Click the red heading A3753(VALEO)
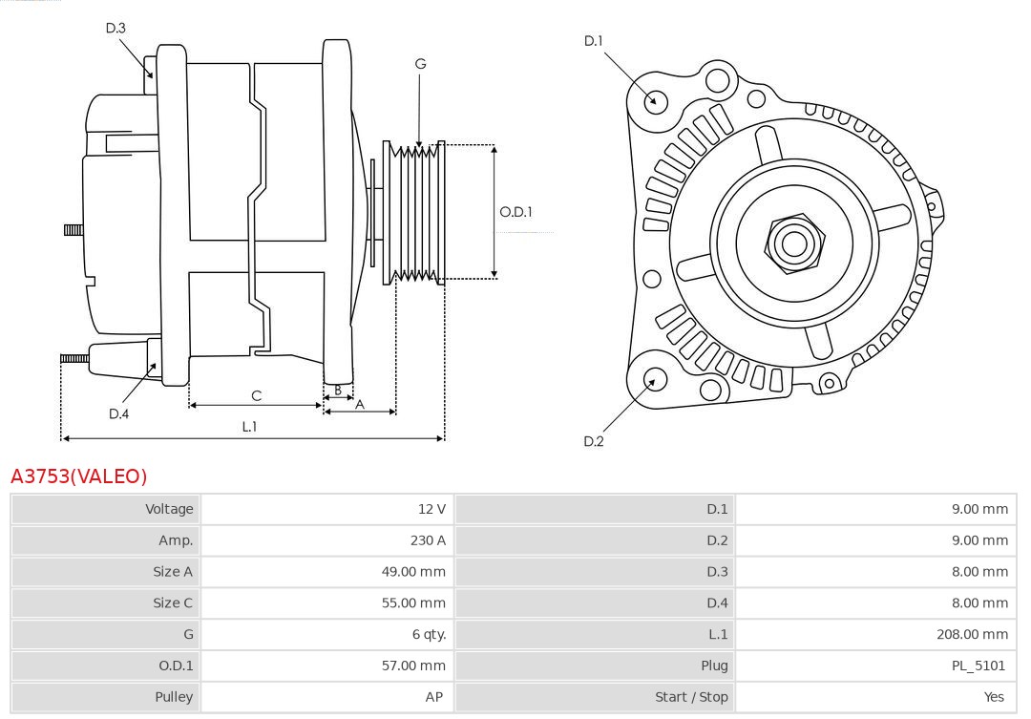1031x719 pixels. pos(79,476)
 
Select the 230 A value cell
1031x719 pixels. pos(428,540)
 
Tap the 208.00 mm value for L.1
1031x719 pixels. pos(972,634)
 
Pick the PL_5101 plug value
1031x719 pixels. pos(978,666)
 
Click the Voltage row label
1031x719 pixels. pos(169,509)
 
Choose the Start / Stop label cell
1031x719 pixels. pos(691,697)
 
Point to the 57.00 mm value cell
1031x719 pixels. pos(413,666)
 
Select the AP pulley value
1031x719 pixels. pos(434,697)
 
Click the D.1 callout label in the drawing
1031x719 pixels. pos(594,40)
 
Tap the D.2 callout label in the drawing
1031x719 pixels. pos(594,441)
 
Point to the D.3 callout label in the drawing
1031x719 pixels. pos(116,28)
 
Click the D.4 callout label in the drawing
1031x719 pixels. pos(118,413)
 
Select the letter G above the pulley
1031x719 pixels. pos(420,64)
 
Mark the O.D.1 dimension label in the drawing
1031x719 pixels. pos(516,212)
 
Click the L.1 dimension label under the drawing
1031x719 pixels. pos(249,427)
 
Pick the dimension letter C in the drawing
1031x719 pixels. pos(256,395)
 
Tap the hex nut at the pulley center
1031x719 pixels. pos(793,243)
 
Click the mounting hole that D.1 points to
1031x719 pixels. pos(656,100)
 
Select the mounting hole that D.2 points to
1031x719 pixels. pos(654,380)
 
